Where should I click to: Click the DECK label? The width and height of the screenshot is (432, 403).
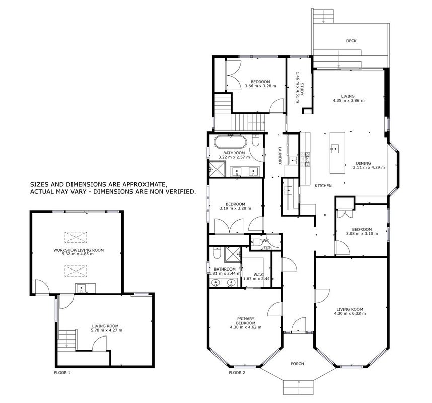(351, 41)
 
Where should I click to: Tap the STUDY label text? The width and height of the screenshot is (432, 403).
(302, 89)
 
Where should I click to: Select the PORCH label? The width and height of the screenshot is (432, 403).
(297, 364)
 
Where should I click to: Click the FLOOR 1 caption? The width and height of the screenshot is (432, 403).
(62, 373)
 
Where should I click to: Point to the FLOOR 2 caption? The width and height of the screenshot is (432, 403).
(237, 373)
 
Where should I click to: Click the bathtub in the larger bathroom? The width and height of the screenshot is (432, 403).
(230, 142)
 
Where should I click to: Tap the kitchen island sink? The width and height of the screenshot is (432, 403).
(335, 149)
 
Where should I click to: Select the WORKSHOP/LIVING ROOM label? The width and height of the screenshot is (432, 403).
(79, 250)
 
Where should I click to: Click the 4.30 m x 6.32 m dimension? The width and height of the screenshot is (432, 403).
(350, 313)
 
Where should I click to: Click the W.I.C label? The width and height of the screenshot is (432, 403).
(259, 274)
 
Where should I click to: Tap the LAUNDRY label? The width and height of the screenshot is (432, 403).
(280, 156)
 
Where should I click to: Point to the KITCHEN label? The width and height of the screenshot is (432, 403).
(323, 186)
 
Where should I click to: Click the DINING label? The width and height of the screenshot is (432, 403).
(364, 163)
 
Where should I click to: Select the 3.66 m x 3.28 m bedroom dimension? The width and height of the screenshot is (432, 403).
(260, 86)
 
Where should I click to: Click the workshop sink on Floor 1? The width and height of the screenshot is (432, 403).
(81, 289)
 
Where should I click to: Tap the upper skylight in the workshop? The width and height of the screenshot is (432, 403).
(76, 237)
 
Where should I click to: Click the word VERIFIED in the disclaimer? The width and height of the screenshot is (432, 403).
(181, 191)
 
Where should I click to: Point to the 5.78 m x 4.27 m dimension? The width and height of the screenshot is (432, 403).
(107, 330)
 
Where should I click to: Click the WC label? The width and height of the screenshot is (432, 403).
(266, 241)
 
